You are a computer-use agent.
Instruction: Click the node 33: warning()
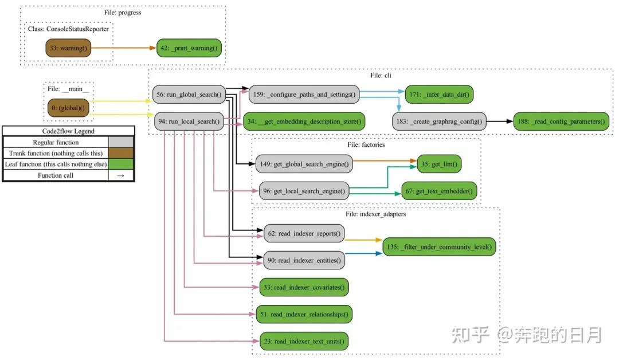[69, 48]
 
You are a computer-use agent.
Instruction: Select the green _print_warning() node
[189, 48]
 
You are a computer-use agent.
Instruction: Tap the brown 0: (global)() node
[68, 108]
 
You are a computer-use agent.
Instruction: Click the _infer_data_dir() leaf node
[440, 93]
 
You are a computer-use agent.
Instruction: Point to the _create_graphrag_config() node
[439, 121]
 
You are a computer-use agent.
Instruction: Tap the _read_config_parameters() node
[561, 121]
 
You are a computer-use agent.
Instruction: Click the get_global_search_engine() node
[304, 164]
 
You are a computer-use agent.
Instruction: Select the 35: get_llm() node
[439, 164]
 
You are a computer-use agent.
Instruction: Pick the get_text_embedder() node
[439, 191]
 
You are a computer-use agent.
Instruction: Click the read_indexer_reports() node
[304, 233]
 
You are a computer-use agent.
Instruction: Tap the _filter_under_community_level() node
[439, 246]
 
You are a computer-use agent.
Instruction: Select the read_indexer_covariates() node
[304, 287]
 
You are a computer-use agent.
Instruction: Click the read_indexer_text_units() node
[304, 341]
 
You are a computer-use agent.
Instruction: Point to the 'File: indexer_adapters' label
[376, 214]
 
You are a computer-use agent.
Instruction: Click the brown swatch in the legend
[121, 153]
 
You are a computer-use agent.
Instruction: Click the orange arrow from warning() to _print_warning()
[123, 48]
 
